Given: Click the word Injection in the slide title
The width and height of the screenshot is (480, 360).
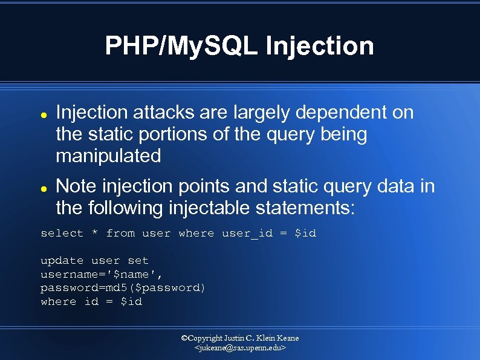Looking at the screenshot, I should pyautogui.click(x=320, y=46).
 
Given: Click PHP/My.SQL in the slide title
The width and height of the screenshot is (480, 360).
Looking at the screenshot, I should pyautogui.click(x=182, y=46).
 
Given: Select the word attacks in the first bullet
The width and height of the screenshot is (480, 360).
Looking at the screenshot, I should pyautogui.click(x=172, y=113).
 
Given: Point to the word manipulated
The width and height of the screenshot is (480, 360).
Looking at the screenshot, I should pyautogui.click(x=108, y=156).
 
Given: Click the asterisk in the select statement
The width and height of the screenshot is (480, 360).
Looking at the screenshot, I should pyautogui.click(x=94, y=234).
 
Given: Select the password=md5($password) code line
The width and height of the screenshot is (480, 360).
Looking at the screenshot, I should pyautogui.click(x=123, y=288).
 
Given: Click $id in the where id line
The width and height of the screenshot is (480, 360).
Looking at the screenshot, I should pyautogui.click(x=131, y=301).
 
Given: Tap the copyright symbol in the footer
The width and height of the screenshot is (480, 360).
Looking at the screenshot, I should pyautogui.click(x=185, y=338).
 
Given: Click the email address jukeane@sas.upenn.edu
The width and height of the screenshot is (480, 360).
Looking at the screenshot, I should pyautogui.click(x=240, y=349).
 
